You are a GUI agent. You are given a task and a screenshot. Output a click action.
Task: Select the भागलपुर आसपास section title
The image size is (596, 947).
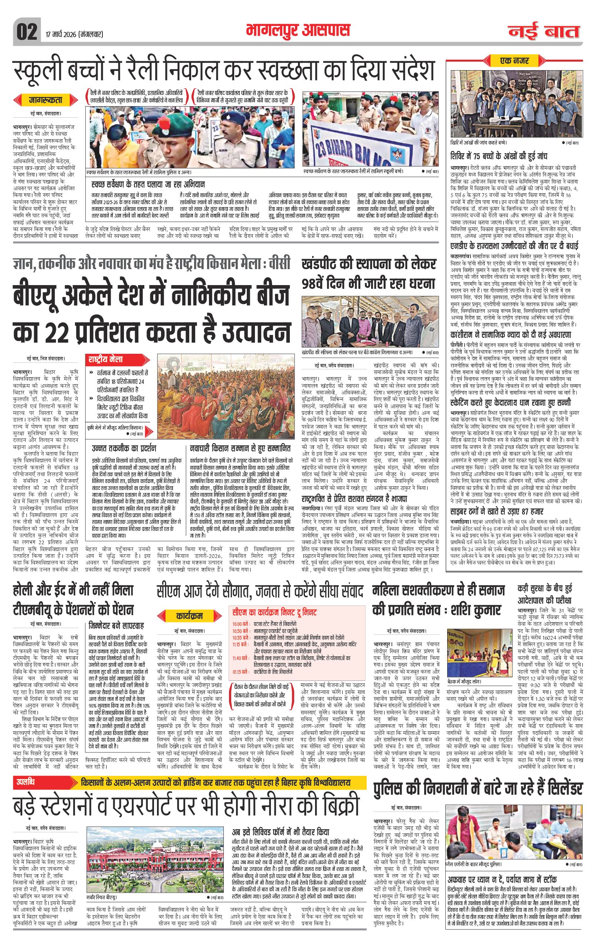298,30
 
